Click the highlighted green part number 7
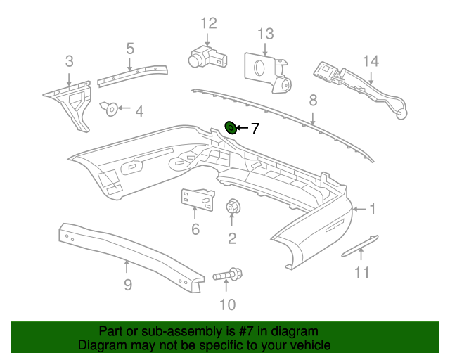(231, 127)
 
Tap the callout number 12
(209, 23)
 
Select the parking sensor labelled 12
(207, 57)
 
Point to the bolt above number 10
(228, 274)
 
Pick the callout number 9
(128, 285)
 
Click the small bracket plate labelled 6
(198, 200)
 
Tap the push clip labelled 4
(109, 109)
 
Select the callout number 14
(371, 61)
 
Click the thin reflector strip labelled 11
(360, 245)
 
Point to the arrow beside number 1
(359, 209)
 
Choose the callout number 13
(266, 34)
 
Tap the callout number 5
(130, 49)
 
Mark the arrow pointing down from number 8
(313, 119)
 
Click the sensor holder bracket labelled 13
(268, 72)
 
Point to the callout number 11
(361, 272)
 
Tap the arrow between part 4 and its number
(124, 108)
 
